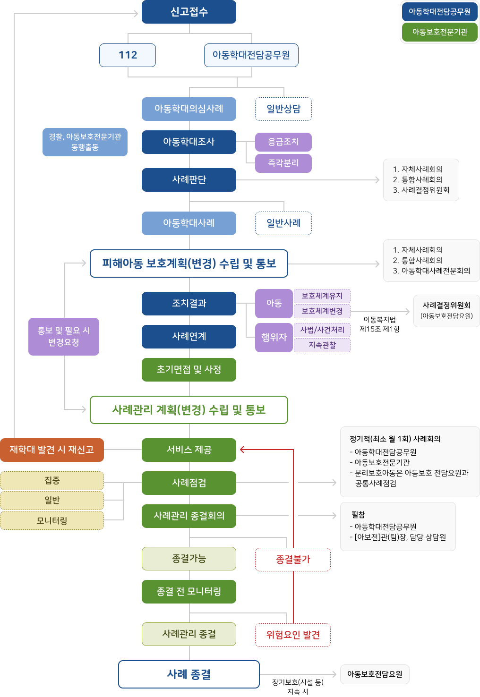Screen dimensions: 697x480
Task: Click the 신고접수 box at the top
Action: (x=189, y=12)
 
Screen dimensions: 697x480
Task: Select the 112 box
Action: (x=128, y=55)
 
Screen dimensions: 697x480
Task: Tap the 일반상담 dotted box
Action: (x=283, y=109)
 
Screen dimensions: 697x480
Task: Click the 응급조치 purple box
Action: (x=283, y=142)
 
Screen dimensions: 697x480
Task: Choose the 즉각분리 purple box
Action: (x=283, y=163)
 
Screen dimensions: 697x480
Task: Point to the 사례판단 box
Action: (x=189, y=180)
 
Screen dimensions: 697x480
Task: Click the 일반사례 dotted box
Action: (x=283, y=223)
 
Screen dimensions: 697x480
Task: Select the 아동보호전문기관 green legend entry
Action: (x=439, y=32)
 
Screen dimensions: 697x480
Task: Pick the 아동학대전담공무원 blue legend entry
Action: (x=439, y=12)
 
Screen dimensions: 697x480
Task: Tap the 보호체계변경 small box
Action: (x=322, y=311)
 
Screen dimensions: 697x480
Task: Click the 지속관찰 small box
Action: (x=322, y=345)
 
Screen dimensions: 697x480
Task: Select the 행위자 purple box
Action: (x=274, y=337)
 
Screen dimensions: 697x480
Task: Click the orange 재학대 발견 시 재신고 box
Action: (x=52, y=450)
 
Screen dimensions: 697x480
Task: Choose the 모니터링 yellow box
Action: (x=52, y=520)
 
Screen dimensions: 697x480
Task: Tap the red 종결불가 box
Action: (x=293, y=560)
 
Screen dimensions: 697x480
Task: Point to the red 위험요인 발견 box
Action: (x=293, y=635)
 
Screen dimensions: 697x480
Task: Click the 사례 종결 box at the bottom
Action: (x=189, y=674)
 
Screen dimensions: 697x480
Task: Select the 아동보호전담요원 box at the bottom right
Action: (x=375, y=674)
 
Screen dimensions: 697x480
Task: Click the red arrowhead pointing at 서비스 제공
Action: (x=242, y=450)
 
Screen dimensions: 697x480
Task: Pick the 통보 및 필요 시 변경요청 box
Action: (x=64, y=336)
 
